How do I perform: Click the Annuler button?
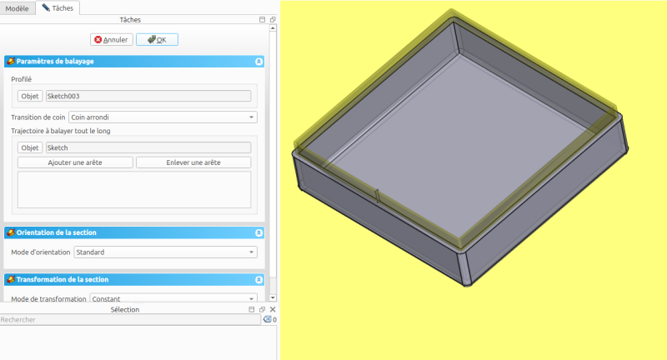pyautogui.click(x=112, y=39)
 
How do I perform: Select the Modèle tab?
pyautogui.click(x=17, y=8)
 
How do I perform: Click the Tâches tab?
pyautogui.click(x=58, y=7)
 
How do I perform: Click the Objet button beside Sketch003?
pyautogui.click(x=30, y=96)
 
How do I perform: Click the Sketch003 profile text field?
pyautogui.click(x=148, y=96)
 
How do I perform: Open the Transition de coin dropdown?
pyautogui.click(x=163, y=117)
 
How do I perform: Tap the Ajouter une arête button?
pyautogui.click(x=75, y=162)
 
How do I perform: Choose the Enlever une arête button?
pyautogui.click(x=193, y=162)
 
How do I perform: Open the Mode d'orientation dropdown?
pyautogui.click(x=165, y=252)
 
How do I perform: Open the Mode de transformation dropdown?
pyautogui.click(x=173, y=298)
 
